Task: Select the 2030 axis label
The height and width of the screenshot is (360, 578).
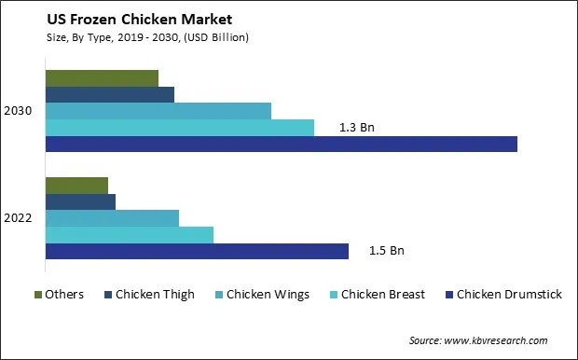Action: coord(19,111)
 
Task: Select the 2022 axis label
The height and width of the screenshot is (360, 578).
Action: coord(19,218)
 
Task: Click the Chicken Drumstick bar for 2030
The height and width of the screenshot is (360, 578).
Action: coord(281,144)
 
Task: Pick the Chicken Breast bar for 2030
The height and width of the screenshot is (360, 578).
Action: coord(179,128)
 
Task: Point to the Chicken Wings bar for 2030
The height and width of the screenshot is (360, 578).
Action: coord(158,111)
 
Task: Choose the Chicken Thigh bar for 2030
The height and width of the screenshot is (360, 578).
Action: coord(109,94)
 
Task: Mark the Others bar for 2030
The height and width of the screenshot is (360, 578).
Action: coord(101,77)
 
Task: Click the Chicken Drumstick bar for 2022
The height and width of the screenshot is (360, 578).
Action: coord(196,251)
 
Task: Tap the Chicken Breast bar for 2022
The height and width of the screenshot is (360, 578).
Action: coord(129,235)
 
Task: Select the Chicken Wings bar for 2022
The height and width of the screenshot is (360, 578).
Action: coord(112,218)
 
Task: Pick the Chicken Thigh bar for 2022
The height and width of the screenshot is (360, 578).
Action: coord(79,201)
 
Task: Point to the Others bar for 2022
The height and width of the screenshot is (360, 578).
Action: coord(76,185)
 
